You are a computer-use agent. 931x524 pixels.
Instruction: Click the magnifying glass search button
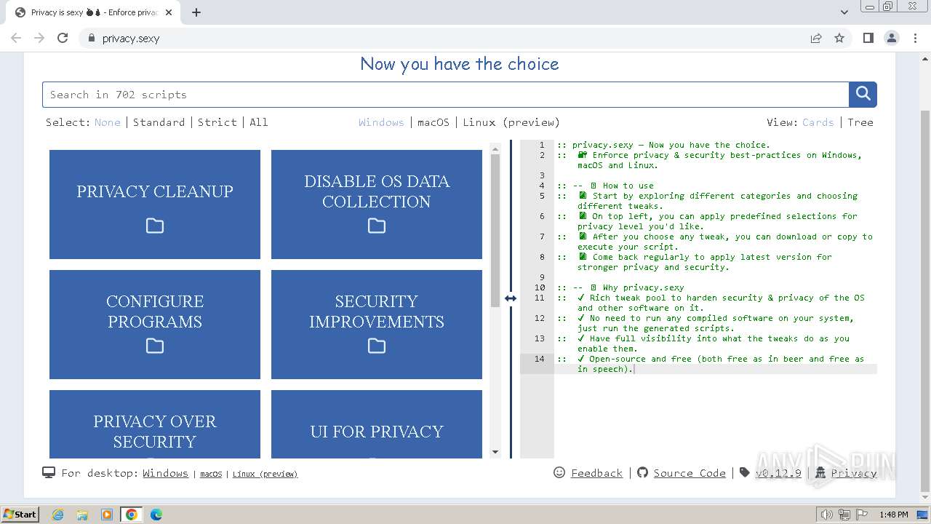click(863, 94)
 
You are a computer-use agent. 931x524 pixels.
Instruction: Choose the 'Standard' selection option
click(159, 122)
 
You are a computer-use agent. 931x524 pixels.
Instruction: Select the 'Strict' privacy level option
click(217, 122)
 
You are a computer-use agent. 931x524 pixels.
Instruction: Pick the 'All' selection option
click(259, 122)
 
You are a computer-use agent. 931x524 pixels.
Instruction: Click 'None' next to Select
click(108, 122)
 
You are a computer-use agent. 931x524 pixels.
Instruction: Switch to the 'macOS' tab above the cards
click(433, 122)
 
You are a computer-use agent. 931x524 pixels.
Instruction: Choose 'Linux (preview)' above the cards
click(511, 122)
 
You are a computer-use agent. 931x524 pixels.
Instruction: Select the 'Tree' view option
click(860, 122)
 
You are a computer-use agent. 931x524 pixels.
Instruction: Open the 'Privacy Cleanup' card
click(155, 205)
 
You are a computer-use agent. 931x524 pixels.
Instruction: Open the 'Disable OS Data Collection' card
click(377, 205)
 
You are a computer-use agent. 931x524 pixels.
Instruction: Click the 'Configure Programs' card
click(155, 325)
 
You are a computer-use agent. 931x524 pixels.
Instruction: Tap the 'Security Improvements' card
click(377, 325)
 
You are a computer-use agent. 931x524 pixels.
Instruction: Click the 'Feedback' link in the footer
click(596, 473)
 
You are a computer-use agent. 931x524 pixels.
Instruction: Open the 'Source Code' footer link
click(690, 473)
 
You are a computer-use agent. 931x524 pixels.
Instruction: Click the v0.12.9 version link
click(778, 473)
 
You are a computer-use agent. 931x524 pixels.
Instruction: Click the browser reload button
click(63, 38)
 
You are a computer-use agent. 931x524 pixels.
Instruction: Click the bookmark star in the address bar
click(839, 38)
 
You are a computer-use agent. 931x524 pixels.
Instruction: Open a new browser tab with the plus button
click(196, 12)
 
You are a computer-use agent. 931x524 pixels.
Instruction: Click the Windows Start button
click(20, 515)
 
